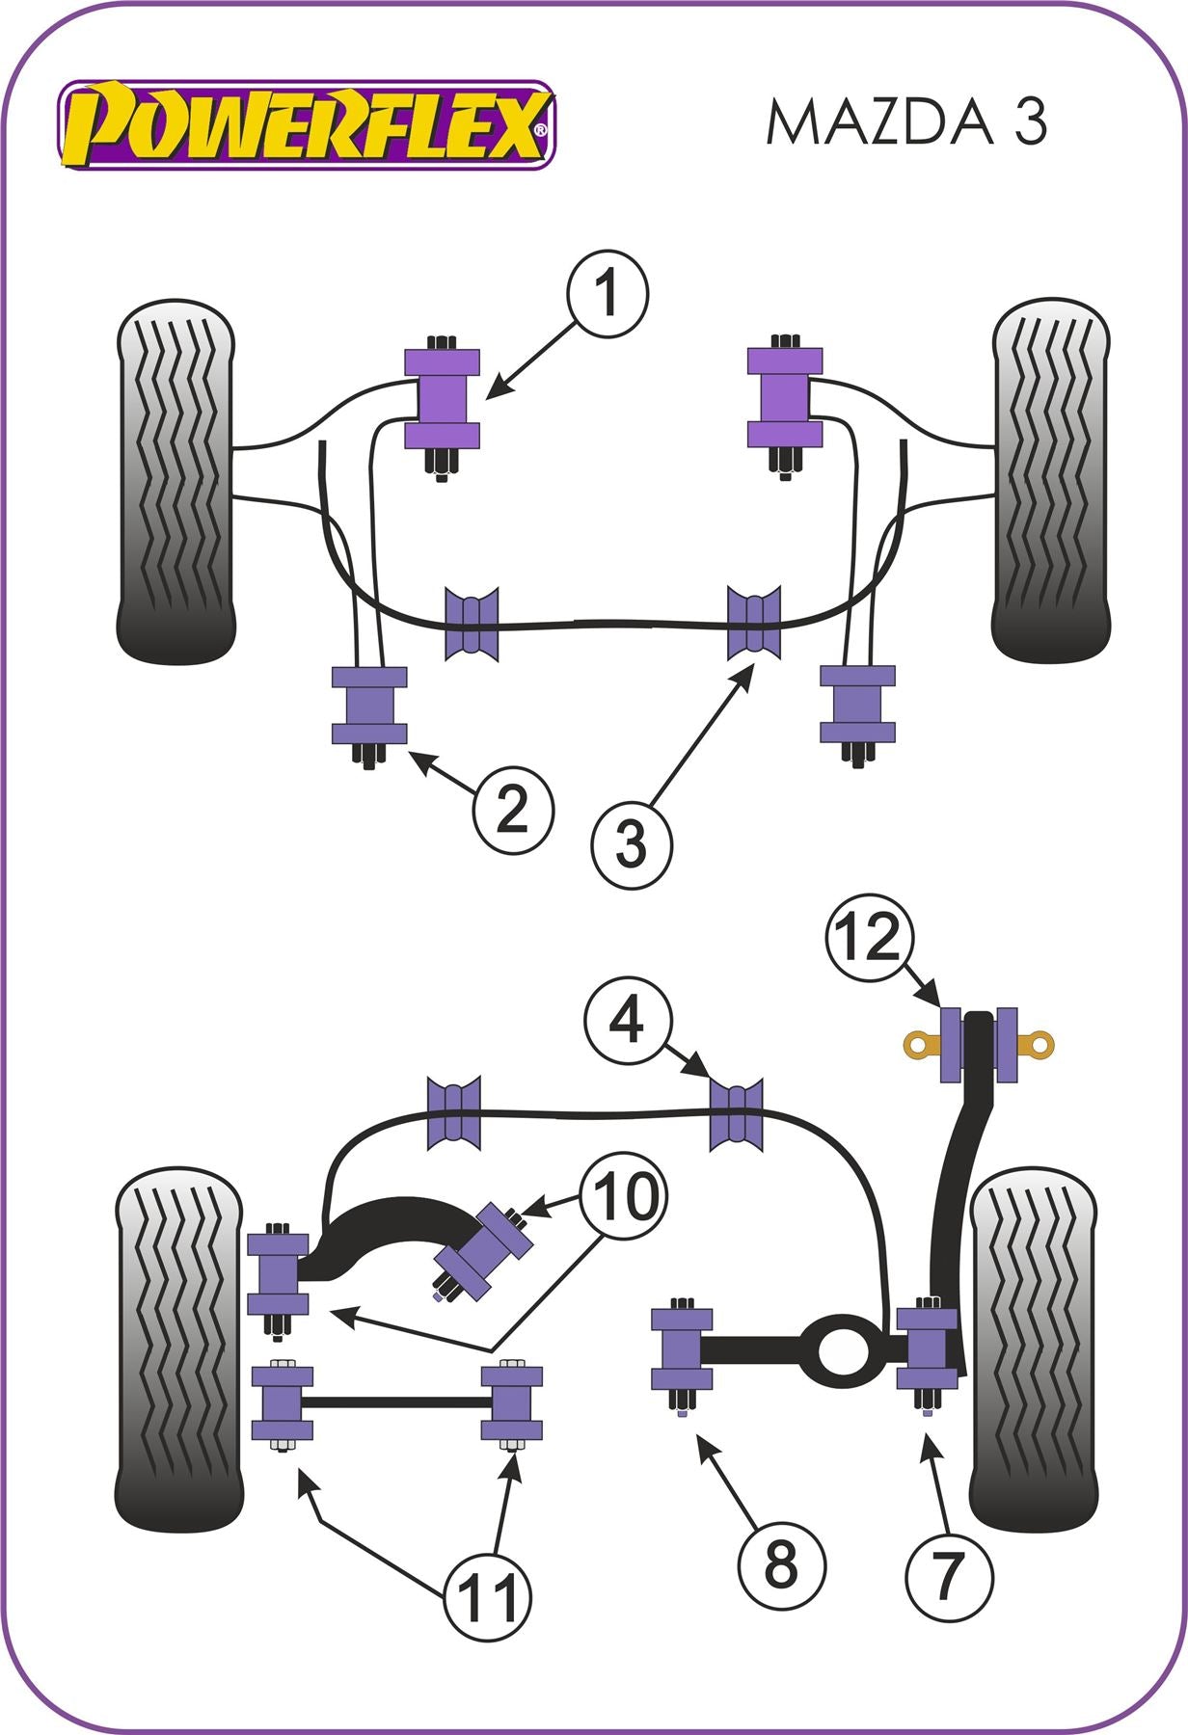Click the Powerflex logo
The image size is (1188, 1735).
tap(307, 125)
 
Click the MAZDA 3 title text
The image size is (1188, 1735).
tap(906, 122)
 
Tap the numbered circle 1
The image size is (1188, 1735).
tap(607, 294)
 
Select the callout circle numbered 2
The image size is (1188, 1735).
tap(512, 811)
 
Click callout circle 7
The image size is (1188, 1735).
tap(948, 1576)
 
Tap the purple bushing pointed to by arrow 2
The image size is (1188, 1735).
tap(369, 707)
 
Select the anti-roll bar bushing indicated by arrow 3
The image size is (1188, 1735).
tap(753, 623)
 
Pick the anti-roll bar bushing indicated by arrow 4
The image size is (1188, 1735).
tap(737, 1115)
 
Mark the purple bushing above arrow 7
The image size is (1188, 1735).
tap(927, 1348)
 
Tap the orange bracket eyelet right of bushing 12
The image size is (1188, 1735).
tap(1037, 1043)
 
